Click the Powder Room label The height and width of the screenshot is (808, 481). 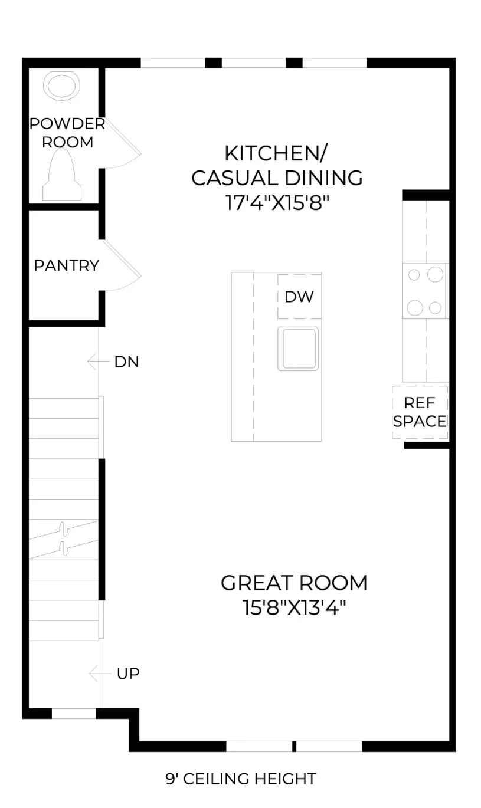(x=67, y=133)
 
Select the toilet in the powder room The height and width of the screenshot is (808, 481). (x=62, y=174)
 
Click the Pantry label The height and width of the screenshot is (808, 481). (x=66, y=265)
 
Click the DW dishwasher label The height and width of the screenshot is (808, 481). (x=299, y=297)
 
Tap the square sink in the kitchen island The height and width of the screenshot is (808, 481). (x=298, y=349)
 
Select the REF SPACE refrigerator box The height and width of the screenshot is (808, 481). (x=420, y=412)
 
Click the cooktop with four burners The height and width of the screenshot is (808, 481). (x=425, y=291)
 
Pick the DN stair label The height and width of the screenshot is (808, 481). (x=127, y=362)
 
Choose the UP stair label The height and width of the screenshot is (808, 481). (x=128, y=674)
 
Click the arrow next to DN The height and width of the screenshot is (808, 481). (x=98, y=362)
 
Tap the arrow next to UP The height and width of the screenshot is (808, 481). (x=100, y=673)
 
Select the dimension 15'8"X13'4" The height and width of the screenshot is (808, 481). (x=294, y=607)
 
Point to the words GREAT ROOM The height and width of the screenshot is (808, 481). (x=294, y=583)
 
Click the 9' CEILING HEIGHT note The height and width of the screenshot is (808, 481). (x=241, y=779)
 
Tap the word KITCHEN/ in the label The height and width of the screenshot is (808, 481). (x=276, y=153)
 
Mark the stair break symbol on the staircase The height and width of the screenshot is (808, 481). (x=64, y=539)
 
